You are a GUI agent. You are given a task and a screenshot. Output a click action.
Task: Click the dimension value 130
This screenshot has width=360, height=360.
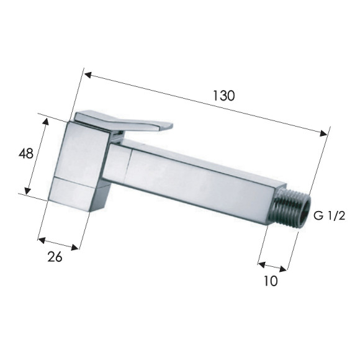[224, 96]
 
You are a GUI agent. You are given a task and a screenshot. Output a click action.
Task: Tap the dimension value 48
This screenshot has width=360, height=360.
[26, 153]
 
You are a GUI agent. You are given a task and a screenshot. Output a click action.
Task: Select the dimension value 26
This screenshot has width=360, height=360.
[55, 256]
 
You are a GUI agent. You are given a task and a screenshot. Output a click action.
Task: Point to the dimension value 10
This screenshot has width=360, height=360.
[271, 281]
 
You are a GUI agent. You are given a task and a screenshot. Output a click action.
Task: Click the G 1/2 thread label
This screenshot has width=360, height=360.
[329, 215]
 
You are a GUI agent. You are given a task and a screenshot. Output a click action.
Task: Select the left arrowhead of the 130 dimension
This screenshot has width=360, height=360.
[88, 75]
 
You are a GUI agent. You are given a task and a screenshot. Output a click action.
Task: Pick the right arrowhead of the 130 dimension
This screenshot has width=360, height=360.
[323, 133]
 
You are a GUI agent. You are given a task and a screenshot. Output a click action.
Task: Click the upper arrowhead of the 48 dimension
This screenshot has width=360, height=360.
[46, 121]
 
